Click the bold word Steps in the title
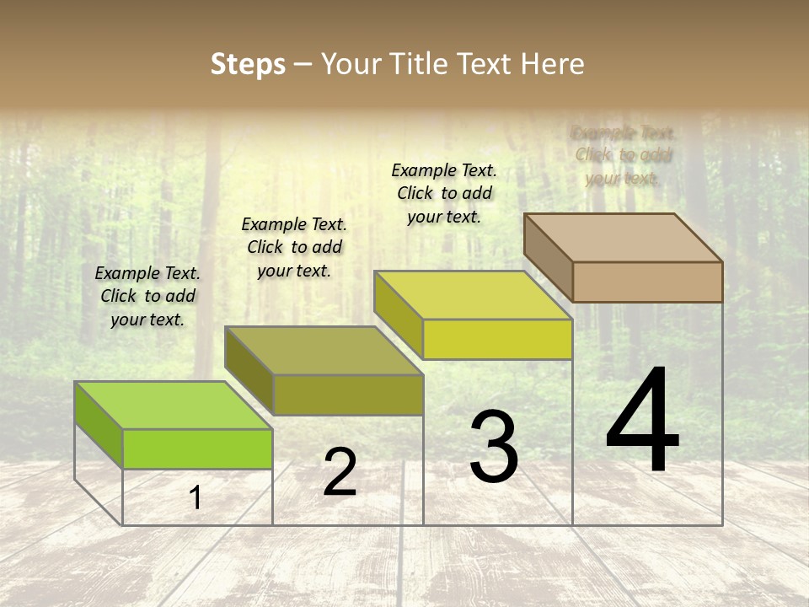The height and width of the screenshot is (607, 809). [x=248, y=64]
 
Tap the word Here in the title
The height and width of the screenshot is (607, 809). [x=552, y=64]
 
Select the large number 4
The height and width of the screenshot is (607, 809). [x=642, y=422]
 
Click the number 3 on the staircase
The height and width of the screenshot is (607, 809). [x=494, y=447]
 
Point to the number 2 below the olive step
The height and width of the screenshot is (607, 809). [x=340, y=472]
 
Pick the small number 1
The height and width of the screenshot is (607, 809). [x=196, y=498]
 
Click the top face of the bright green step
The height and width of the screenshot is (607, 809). [x=174, y=405]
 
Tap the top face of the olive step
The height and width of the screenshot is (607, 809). [x=324, y=350]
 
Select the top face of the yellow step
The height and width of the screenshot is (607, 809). [x=473, y=294]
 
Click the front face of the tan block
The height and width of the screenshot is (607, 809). [x=647, y=282]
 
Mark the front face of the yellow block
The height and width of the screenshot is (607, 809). [x=497, y=339]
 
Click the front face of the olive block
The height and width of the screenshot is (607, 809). [x=347, y=395]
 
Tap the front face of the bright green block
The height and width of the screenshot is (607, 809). [x=197, y=449]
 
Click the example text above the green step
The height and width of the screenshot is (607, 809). [x=147, y=296]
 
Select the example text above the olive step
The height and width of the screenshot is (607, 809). [x=294, y=247]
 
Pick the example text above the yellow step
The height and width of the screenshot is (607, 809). [x=444, y=193]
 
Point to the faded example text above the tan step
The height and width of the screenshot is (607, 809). [x=624, y=155]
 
